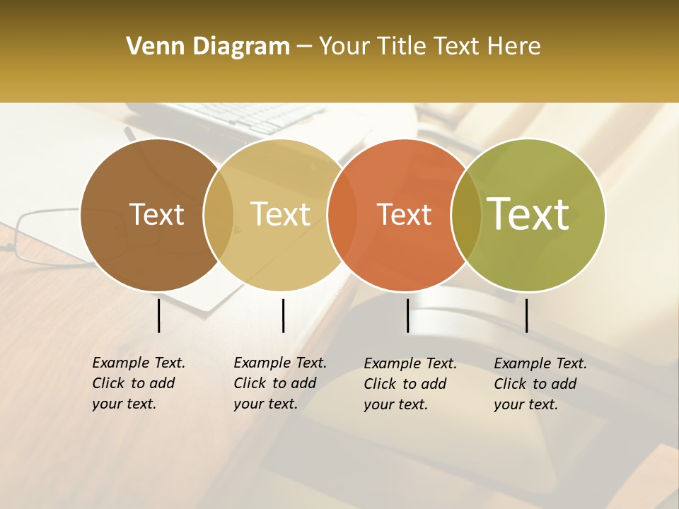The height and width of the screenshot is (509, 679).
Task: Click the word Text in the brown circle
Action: coord(156,215)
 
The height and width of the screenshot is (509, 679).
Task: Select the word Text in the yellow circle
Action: coord(280,215)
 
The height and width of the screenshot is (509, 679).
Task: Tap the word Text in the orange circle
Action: coord(404,215)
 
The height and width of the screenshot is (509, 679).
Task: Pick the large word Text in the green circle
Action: coord(528,213)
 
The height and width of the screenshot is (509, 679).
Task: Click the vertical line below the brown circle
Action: coord(158,315)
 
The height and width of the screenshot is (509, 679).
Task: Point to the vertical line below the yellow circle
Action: coord(283,315)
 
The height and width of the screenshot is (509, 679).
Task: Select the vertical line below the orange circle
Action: coord(407,315)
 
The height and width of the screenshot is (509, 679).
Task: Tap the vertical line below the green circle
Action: coord(526,315)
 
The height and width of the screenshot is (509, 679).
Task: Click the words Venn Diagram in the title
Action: coord(208,47)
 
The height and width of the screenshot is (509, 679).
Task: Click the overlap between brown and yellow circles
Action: coord(219,215)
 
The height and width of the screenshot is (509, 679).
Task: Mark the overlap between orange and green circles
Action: coord(466,215)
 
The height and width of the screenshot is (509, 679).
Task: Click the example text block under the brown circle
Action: coord(138,383)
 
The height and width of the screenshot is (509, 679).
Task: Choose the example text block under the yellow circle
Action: coord(279,383)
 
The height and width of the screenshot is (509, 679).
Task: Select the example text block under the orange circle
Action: coord(410,384)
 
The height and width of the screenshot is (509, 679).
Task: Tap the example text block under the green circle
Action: coord(540,384)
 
